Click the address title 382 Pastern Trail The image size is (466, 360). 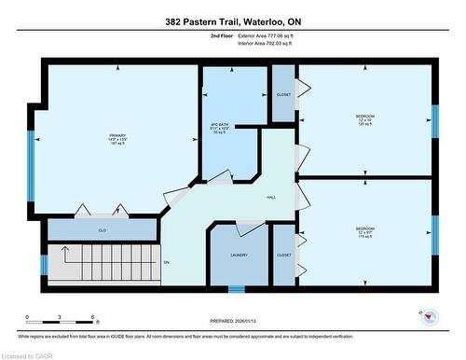[x=232, y=21]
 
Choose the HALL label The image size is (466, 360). [x=271, y=198]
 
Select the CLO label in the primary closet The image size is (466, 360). [x=102, y=229]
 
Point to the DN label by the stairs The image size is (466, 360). [x=167, y=262]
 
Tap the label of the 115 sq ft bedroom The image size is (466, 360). [x=364, y=231]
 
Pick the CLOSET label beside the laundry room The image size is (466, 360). [x=283, y=255]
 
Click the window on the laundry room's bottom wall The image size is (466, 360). [x=237, y=288]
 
